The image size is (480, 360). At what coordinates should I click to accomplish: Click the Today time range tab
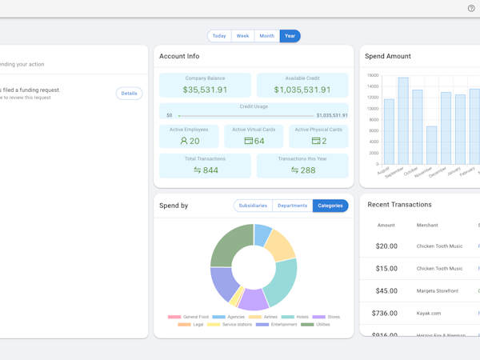tap(219, 36)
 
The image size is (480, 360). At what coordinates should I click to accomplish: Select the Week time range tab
tap(242, 36)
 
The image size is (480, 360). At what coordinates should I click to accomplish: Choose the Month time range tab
tap(266, 36)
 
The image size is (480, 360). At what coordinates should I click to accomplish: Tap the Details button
tap(129, 94)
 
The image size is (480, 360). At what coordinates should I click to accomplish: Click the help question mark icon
tap(471, 8)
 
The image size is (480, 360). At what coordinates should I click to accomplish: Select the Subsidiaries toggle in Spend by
tap(253, 206)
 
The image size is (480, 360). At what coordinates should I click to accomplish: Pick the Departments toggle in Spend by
tap(292, 206)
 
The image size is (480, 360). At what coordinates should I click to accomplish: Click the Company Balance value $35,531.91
tap(205, 90)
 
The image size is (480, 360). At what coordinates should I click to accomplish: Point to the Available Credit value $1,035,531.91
tap(302, 90)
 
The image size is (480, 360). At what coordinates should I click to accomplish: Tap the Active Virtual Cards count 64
tap(254, 141)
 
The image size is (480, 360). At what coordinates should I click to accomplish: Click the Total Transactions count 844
tap(205, 170)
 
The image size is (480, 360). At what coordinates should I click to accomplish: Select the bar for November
tap(432, 145)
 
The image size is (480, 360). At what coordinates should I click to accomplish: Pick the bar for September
tap(403, 121)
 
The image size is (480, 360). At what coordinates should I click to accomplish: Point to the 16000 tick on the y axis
tap(373, 75)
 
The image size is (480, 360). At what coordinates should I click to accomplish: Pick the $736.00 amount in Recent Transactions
tap(386, 314)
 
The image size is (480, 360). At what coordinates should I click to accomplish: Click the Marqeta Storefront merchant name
tap(438, 291)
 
